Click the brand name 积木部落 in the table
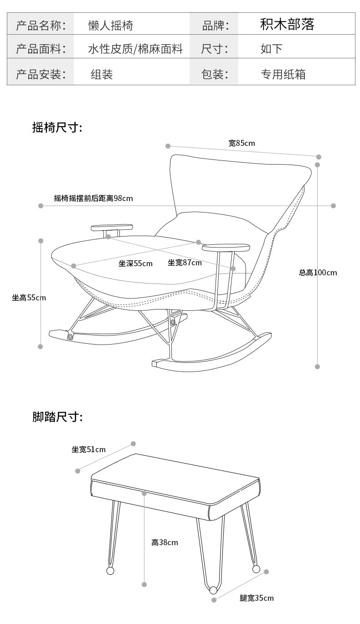click(x=287, y=25)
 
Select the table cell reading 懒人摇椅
click(x=111, y=26)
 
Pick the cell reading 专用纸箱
click(x=283, y=74)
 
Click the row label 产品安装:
click(x=41, y=74)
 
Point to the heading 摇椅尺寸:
click(x=57, y=128)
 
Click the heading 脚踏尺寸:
click(x=57, y=417)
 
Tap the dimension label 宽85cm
click(x=242, y=143)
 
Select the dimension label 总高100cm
click(x=318, y=273)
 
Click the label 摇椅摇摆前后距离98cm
click(x=93, y=198)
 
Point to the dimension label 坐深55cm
click(x=135, y=263)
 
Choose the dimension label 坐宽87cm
click(x=185, y=263)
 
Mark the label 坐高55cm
click(x=29, y=298)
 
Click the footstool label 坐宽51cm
click(x=88, y=449)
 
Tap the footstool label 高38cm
click(x=165, y=542)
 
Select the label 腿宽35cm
click(x=257, y=598)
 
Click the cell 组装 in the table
click(x=102, y=74)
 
